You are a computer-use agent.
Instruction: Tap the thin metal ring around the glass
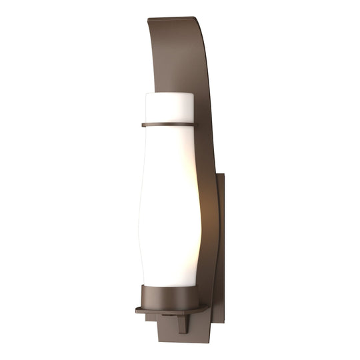tap(168, 124)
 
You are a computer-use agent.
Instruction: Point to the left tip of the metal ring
tap(143, 124)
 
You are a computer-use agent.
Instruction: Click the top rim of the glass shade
tap(169, 94)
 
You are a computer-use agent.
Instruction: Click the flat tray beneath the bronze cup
tap(170, 310)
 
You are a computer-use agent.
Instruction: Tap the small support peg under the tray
tap(182, 323)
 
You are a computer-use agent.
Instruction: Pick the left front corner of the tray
tap(137, 311)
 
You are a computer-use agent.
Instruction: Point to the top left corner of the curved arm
tap(148, 19)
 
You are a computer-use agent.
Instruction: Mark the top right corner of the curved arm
tap(196, 17)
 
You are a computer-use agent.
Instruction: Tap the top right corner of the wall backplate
tap(225, 174)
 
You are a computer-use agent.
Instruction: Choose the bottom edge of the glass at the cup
tap(169, 286)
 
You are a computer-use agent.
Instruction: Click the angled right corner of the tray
tap(206, 307)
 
